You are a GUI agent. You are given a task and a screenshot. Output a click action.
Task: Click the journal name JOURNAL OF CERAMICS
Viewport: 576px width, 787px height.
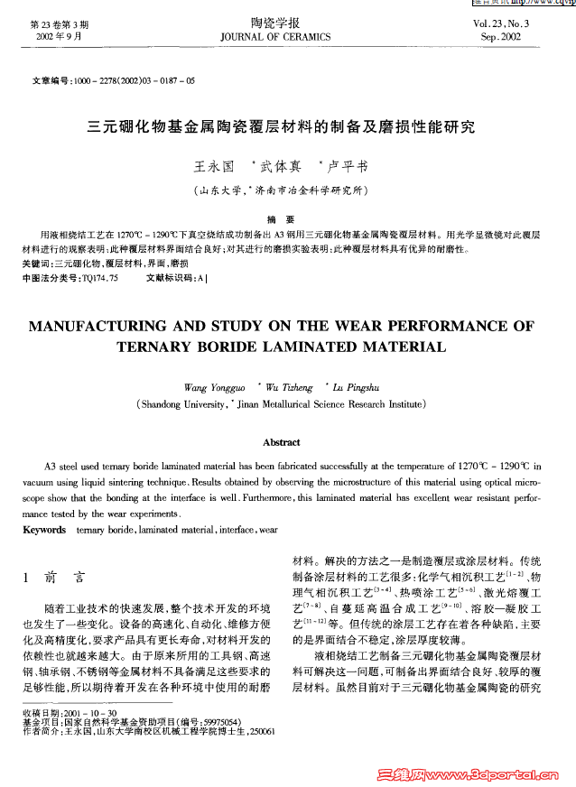275,37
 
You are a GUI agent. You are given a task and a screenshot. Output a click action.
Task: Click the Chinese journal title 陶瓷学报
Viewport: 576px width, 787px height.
275,23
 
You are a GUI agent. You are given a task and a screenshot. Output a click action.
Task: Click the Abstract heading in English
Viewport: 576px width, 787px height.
281,442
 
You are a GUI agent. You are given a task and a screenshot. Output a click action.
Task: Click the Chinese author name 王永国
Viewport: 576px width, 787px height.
214,167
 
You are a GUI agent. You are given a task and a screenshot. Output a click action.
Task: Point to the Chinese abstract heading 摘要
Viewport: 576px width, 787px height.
281,219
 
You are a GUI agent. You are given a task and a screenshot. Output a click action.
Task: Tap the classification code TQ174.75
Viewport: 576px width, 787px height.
100,278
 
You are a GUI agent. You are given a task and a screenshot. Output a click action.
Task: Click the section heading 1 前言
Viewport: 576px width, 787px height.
52,578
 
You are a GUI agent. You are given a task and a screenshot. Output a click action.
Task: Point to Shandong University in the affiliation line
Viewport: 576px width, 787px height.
180,404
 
